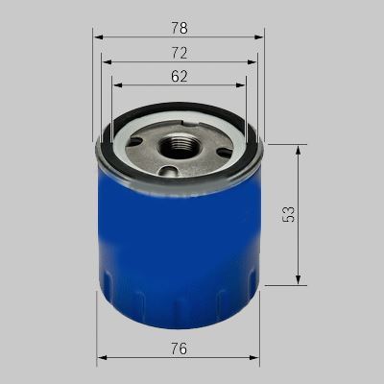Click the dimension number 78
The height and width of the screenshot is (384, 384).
point(180,28)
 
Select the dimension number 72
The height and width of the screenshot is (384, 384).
point(180,53)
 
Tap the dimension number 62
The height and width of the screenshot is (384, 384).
point(179,76)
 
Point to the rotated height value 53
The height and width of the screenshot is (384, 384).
point(289,214)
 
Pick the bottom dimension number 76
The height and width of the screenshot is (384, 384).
point(179,348)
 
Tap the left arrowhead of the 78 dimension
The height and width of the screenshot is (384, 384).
point(99,37)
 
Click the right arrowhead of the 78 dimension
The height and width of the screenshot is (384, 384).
point(258,37)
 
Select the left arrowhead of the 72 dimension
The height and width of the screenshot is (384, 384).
point(107,61)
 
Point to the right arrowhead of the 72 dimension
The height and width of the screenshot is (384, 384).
point(252,61)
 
